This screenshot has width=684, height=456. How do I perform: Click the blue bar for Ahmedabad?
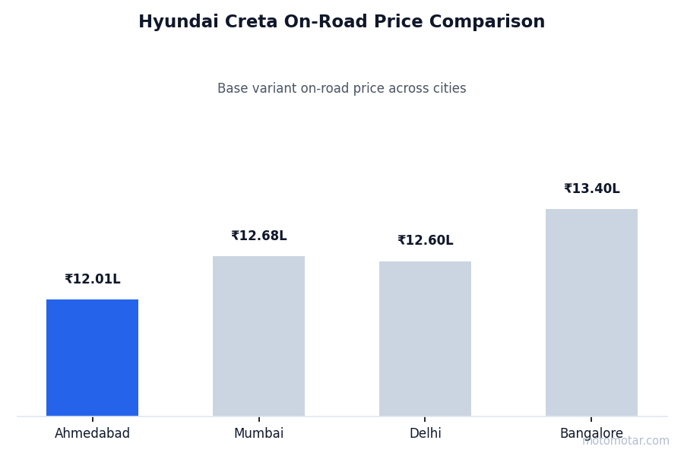coord(92,357)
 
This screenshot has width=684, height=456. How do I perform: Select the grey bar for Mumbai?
coord(258,336)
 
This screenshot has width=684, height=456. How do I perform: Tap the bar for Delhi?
coord(425,338)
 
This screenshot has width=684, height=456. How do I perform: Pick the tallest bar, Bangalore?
coord(591,312)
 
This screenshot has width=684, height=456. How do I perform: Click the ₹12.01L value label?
coord(92,280)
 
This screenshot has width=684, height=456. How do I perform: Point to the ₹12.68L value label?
coord(258,236)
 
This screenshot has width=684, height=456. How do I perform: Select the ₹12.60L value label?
coord(425,241)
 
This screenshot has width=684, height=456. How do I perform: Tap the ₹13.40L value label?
coord(591,189)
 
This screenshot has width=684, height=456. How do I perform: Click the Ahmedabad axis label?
coord(92,434)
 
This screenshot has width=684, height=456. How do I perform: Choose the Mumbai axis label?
coord(258,434)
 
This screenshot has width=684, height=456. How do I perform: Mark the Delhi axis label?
coord(425,434)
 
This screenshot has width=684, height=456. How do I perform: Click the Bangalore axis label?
coord(591,434)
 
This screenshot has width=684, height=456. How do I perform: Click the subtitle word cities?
coord(448,89)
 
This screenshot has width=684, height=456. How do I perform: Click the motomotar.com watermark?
coord(626,441)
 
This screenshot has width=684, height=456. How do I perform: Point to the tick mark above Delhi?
coord(425,419)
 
